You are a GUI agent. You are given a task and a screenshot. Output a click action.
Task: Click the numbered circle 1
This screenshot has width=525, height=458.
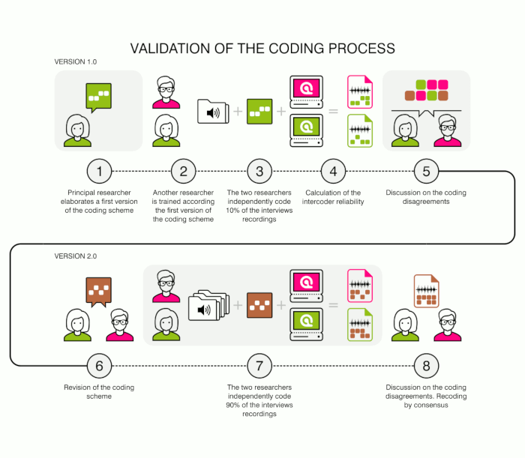[x=99, y=172]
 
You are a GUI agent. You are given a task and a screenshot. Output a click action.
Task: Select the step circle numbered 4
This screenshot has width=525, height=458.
[x=333, y=172]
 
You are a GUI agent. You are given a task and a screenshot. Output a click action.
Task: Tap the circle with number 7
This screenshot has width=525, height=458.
[x=259, y=366]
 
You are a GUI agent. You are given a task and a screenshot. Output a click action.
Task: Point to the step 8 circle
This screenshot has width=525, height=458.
[x=426, y=366]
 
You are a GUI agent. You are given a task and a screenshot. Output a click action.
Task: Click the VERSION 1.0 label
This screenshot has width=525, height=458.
[x=76, y=62]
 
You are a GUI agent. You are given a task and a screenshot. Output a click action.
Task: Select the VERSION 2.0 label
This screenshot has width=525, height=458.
[x=76, y=256]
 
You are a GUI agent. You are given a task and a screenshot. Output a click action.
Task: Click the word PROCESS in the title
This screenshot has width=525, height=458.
[x=361, y=49]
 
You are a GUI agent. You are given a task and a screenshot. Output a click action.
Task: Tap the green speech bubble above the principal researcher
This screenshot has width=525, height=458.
[x=99, y=97]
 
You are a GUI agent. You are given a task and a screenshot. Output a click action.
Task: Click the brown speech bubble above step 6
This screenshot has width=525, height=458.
[x=99, y=292]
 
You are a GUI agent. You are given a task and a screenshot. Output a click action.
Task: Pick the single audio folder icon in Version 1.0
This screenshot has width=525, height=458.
[x=213, y=112]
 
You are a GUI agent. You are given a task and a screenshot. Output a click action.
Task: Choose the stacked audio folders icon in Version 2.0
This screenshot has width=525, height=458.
[x=209, y=305]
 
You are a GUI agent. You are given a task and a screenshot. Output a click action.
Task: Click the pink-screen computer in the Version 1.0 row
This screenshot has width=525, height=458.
[x=306, y=92]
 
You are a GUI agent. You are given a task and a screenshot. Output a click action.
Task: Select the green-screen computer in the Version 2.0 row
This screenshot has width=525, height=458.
[x=306, y=325]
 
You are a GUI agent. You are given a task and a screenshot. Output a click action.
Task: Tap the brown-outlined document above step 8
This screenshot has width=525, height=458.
[x=426, y=291]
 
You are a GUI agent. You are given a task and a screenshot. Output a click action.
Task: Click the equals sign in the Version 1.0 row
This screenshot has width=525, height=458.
[x=333, y=111]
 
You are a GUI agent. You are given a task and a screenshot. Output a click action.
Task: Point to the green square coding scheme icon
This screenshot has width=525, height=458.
[x=259, y=112]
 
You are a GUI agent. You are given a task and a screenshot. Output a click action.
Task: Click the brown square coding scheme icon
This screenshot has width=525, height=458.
[x=259, y=305]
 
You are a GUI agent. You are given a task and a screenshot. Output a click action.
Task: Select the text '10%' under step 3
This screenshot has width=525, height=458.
[x=232, y=211]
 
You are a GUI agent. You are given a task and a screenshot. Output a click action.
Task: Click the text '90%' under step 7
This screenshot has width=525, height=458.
[x=232, y=405]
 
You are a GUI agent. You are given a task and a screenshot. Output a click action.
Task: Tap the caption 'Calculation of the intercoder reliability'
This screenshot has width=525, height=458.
[x=333, y=197]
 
